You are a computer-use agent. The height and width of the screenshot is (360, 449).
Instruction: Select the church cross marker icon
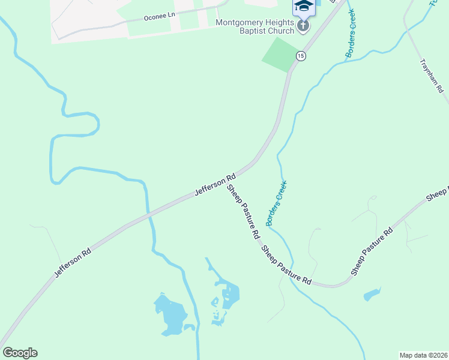[x=304, y=25]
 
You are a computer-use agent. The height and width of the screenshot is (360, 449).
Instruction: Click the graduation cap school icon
[x=304, y=6]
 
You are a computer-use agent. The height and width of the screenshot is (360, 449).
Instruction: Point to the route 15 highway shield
[x=301, y=56]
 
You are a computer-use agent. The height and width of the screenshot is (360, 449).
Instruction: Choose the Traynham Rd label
[x=432, y=75]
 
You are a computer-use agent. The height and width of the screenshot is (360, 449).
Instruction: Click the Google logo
[x=20, y=353]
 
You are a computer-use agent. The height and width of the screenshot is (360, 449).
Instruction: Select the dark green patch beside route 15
[x=280, y=55]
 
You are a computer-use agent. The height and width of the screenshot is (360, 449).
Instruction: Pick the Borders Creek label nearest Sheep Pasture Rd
[x=277, y=203]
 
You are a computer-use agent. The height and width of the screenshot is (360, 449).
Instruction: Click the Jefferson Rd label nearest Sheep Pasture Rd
[x=215, y=185]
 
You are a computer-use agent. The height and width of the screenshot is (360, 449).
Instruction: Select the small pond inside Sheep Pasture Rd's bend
[x=372, y=295]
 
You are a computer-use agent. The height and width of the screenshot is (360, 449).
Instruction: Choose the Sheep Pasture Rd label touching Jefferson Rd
[x=243, y=210]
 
